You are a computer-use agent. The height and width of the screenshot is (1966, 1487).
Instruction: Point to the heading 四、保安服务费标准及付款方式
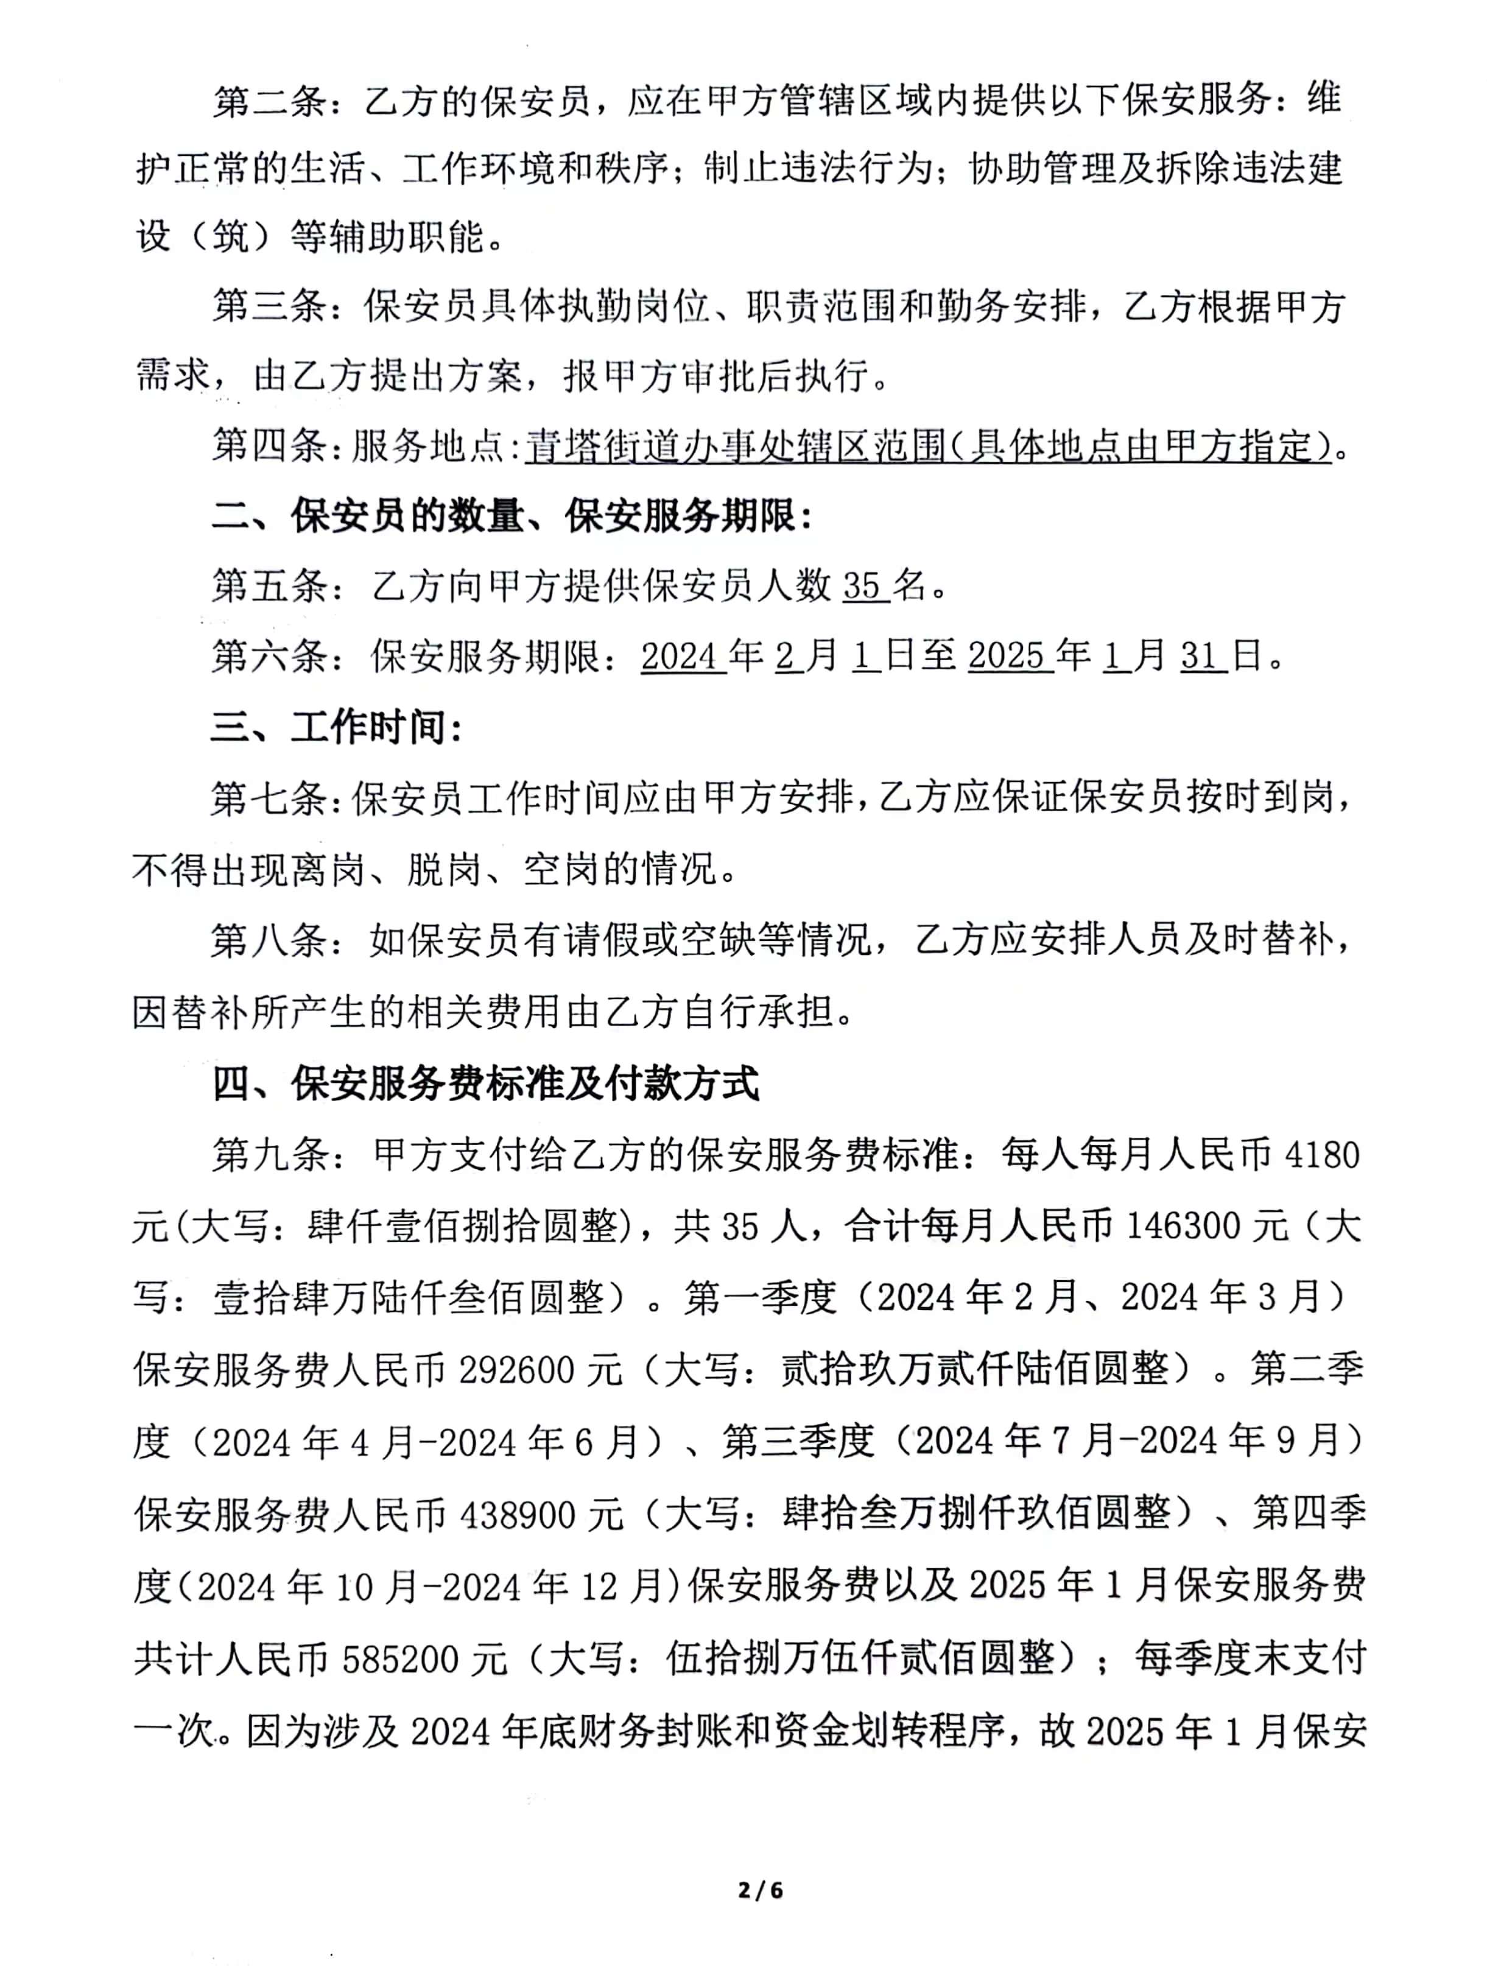pyautogui.click(x=485, y=1084)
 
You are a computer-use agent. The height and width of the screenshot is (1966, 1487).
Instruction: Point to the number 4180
pyautogui.click(x=1322, y=1155)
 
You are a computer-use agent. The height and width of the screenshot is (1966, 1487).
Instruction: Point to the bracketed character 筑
pyautogui.click(x=231, y=236)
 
